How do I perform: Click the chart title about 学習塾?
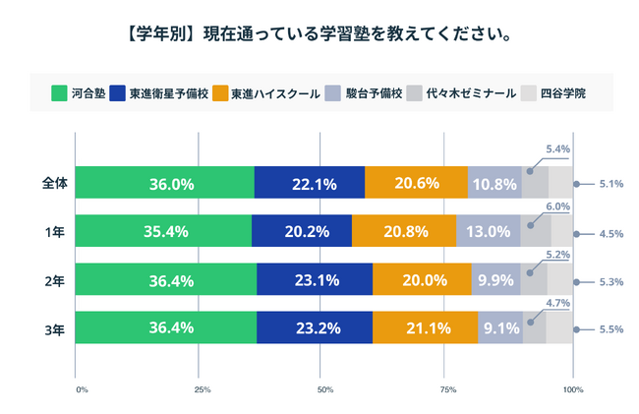tap(319, 35)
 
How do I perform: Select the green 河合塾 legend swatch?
tap(58, 94)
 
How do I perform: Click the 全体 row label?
tap(53, 183)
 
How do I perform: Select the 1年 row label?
tap(55, 231)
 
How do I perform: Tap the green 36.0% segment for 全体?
tap(165, 183)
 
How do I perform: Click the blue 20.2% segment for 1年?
tap(302, 231)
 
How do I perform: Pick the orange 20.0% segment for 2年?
tap(422, 280)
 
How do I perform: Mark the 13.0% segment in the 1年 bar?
tap(489, 231)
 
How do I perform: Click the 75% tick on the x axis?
tap(447, 390)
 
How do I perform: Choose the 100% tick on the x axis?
tap(572, 390)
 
